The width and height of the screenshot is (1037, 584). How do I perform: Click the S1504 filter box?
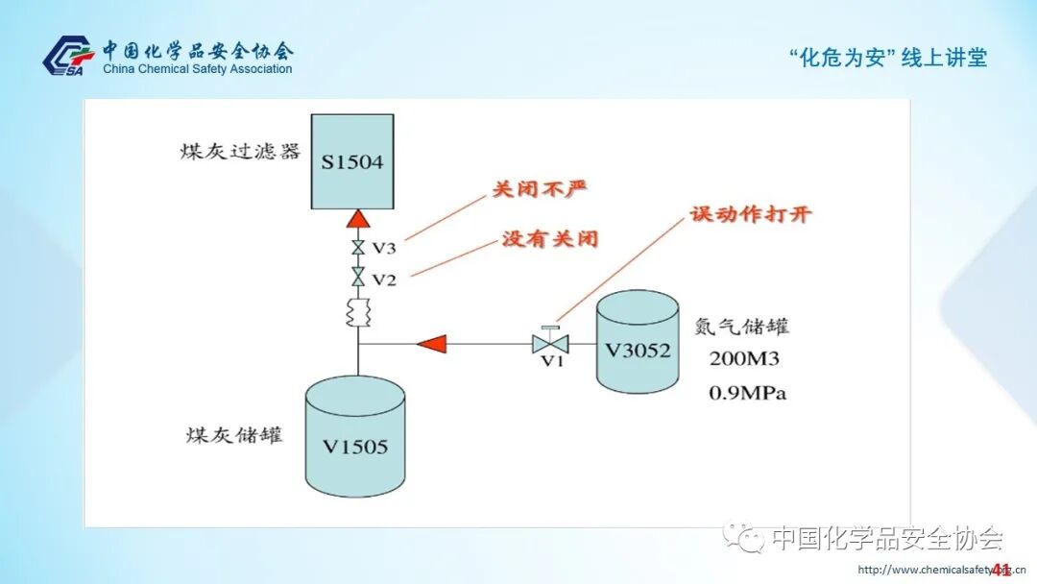(x=352, y=161)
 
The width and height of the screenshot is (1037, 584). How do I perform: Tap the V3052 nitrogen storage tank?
(x=638, y=346)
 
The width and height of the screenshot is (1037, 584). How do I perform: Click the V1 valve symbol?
(x=550, y=342)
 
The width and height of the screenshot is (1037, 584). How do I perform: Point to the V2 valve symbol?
(x=358, y=279)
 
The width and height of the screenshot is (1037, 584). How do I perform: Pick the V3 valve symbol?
(x=358, y=248)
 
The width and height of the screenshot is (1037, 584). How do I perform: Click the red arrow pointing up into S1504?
(x=358, y=220)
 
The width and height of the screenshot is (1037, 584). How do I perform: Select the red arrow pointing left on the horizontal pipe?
(x=432, y=342)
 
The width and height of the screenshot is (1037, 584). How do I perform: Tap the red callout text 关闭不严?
(x=539, y=190)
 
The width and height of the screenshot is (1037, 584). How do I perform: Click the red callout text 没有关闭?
(x=549, y=238)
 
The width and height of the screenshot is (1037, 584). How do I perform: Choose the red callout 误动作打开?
(x=749, y=214)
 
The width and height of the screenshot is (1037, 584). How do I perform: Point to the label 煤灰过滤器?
(x=240, y=152)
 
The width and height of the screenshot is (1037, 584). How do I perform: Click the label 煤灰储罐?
(x=234, y=434)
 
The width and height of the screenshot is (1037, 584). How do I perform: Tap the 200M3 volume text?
(x=746, y=360)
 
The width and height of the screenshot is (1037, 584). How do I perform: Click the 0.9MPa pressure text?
(x=748, y=393)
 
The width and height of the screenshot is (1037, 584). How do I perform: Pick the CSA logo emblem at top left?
(x=68, y=56)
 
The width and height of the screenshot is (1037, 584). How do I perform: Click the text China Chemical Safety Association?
(x=197, y=69)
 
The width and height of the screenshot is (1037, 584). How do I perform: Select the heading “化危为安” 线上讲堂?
(x=887, y=58)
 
